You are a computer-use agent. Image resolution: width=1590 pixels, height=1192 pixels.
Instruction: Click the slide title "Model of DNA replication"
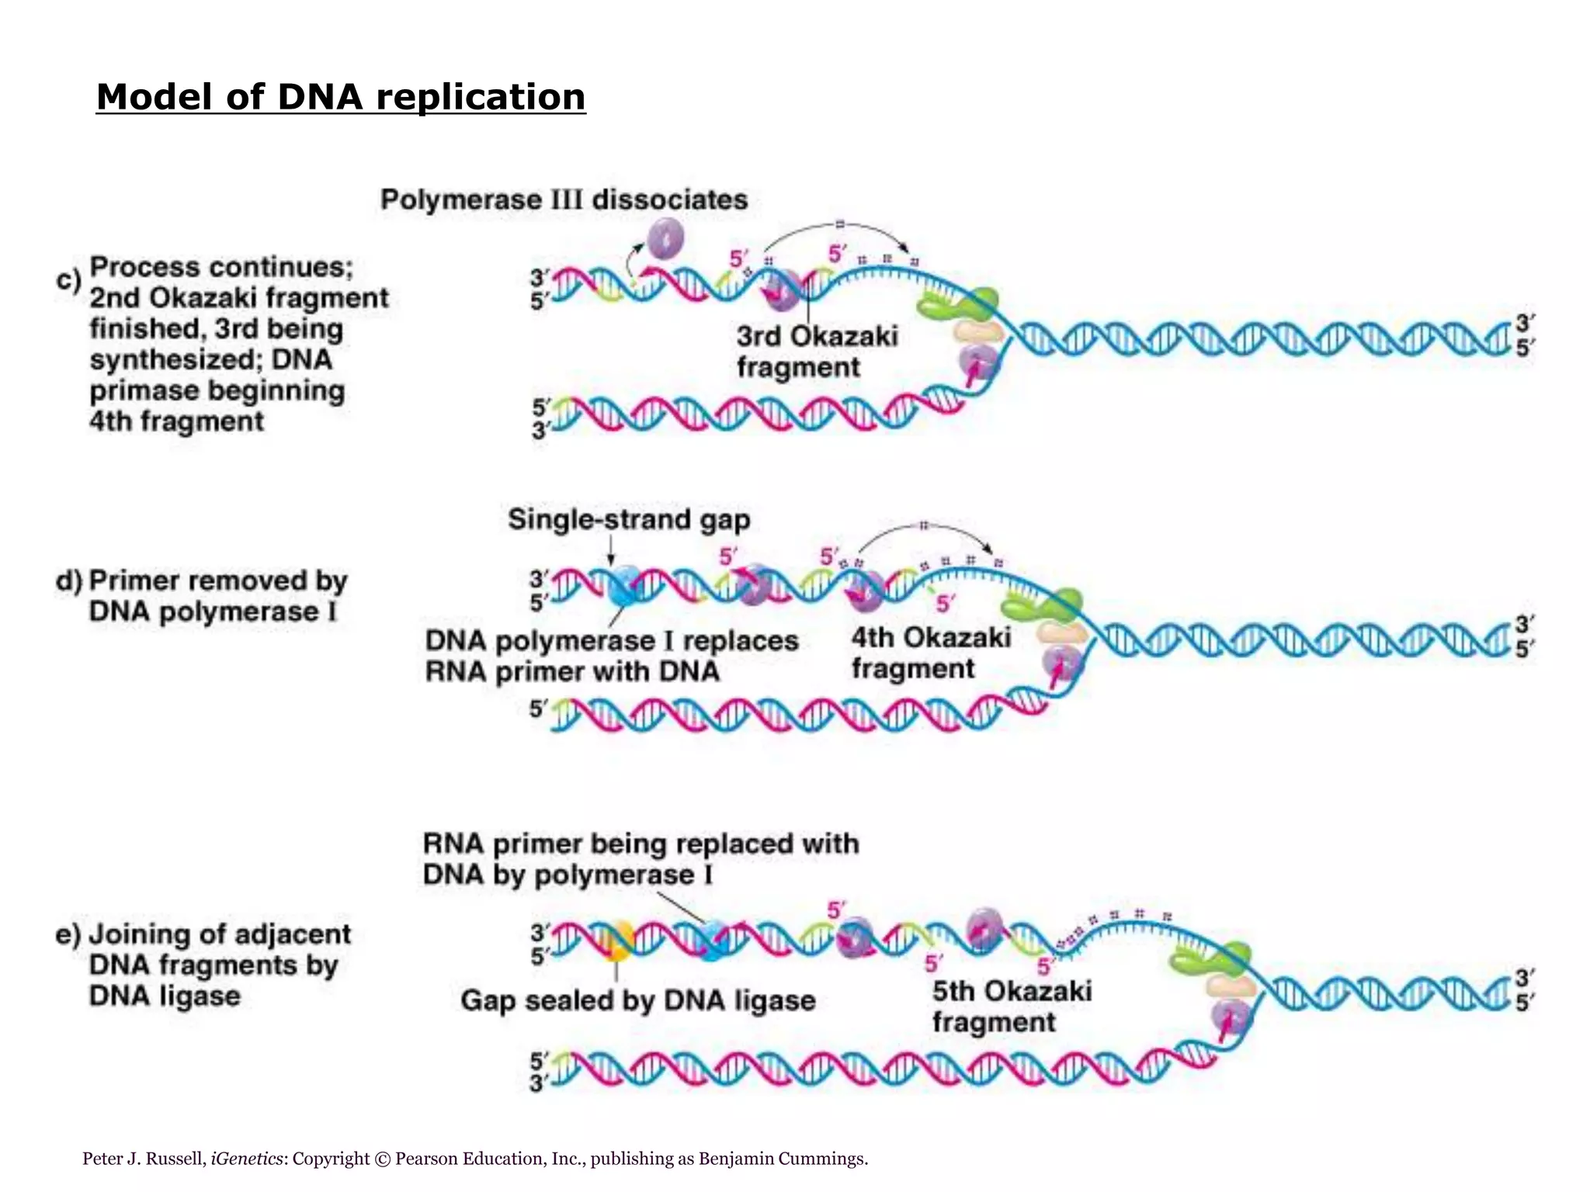[341, 98]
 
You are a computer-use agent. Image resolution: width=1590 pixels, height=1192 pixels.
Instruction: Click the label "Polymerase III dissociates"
[564, 199]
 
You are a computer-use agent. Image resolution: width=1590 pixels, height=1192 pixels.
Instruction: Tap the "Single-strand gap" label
[629, 519]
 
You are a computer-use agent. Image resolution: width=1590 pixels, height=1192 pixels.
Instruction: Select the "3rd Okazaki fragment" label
[817, 352]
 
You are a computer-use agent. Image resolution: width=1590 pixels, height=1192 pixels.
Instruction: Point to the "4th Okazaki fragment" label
[931, 653]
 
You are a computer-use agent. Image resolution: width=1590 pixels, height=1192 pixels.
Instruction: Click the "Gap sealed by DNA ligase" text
[638, 1000]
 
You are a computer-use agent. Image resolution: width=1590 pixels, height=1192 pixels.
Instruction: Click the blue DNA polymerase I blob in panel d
[627, 586]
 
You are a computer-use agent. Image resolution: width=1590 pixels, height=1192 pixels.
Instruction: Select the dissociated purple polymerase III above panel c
[665, 237]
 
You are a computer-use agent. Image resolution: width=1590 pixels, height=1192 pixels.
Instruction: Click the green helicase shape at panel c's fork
[961, 304]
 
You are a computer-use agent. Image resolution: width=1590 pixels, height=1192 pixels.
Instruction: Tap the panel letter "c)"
[68, 279]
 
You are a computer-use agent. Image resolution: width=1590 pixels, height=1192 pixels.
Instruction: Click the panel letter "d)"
[69, 580]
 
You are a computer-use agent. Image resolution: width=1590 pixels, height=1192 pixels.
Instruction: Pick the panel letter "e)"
[68, 934]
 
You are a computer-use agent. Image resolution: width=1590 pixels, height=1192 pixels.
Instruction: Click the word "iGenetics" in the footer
[247, 1159]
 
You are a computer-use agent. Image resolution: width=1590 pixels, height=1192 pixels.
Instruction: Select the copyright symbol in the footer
[382, 1159]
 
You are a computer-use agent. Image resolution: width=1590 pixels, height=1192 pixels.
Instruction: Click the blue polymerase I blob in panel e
[713, 940]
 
